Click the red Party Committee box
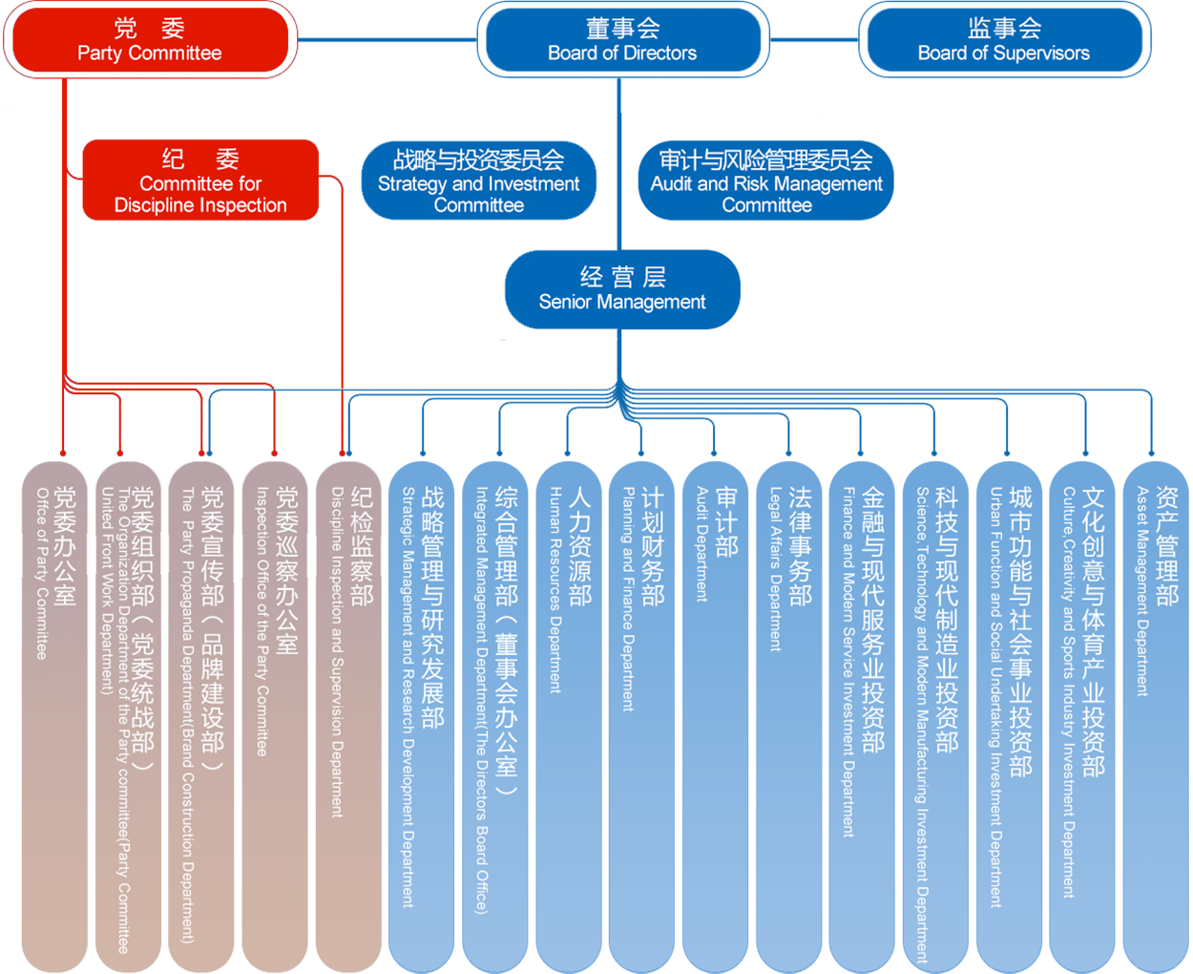[149, 41]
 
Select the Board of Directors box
[622, 41]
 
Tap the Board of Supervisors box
[1003, 41]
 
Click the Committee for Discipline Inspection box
[200, 181]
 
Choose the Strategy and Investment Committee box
[478, 181]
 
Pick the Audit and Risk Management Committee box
[766, 181]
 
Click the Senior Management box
[622, 289]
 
